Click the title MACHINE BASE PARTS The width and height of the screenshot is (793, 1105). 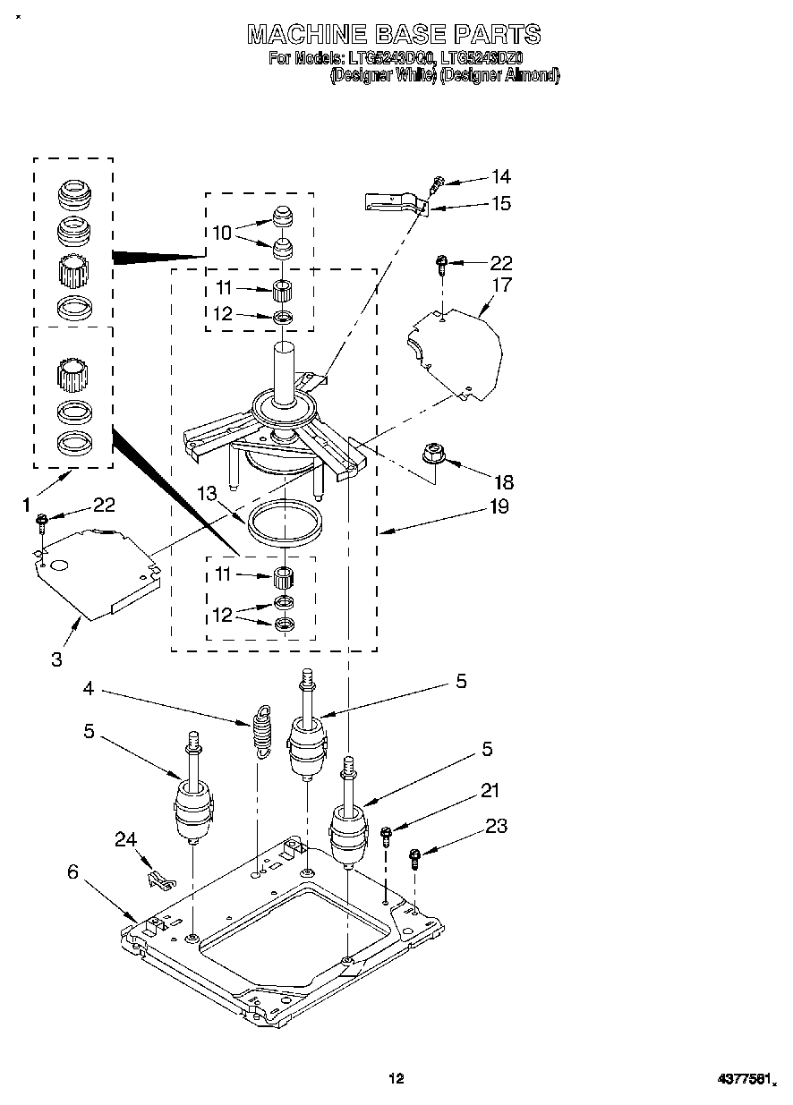point(394,35)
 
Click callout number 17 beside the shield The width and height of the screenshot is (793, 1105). point(501,285)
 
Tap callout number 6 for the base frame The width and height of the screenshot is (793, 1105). point(72,871)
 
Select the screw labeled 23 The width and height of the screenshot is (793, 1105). point(414,858)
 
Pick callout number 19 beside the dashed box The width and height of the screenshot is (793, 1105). point(498,507)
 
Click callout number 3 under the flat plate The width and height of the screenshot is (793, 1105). point(56,660)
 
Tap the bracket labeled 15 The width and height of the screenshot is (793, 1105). point(394,203)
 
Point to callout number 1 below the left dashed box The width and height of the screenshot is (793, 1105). point(27,506)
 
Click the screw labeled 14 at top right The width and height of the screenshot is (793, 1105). point(436,184)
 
